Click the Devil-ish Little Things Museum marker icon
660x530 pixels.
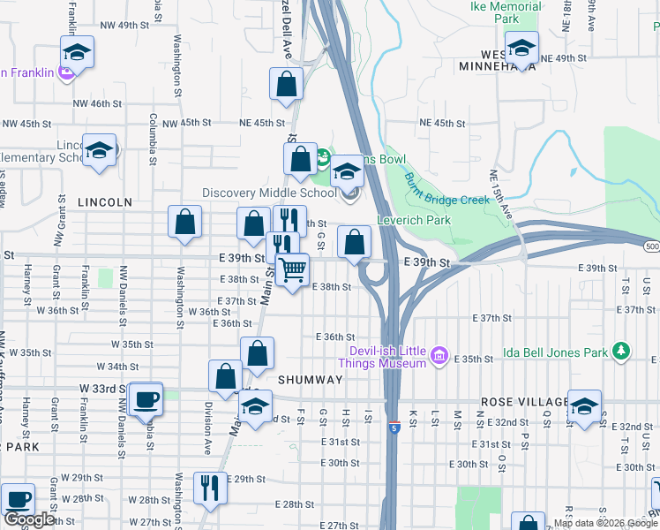pyautogui.click(x=439, y=358)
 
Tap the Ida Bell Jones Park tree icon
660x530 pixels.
pyautogui.click(x=622, y=352)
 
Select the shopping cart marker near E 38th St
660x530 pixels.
pyautogui.click(x=292, y=269)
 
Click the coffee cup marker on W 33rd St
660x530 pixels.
pyautogui.click(x=145, y=398)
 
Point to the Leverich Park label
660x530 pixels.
pyautogui.click(x=414, y=220)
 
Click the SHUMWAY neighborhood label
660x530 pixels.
pyautogui.click(x=310, y=379)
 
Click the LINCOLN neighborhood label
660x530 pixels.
pyautogui.click(x=105, y=202)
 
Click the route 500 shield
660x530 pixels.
pyautogui.click(x=652, y=246)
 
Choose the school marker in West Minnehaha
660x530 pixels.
pyautogui.click(x=521, y=49)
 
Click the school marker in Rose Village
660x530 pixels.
pyautogui.click(x=584, y=405)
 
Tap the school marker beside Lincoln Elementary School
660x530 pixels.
pyautogui.click(x=99, y=149)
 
